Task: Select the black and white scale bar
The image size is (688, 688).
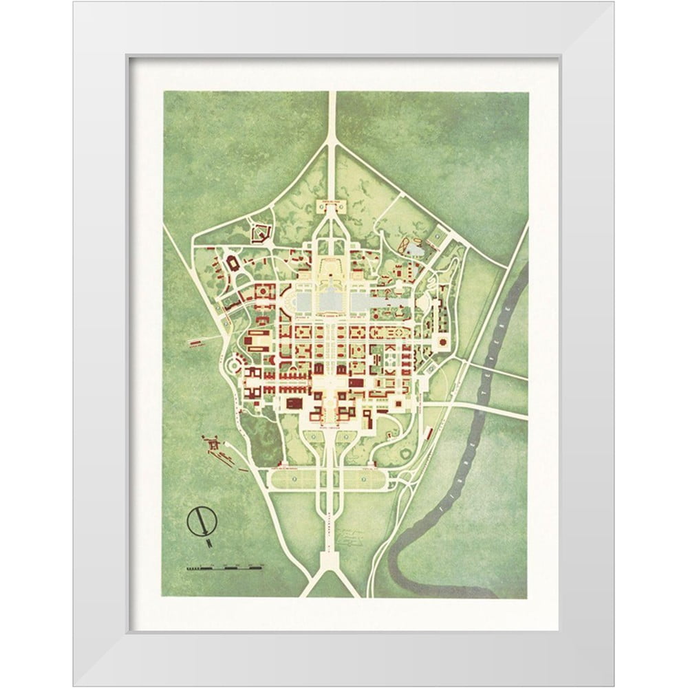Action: coord(224,568)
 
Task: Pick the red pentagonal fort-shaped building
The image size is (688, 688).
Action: coord(260,235)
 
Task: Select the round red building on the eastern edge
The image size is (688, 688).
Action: coord(441,341)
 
